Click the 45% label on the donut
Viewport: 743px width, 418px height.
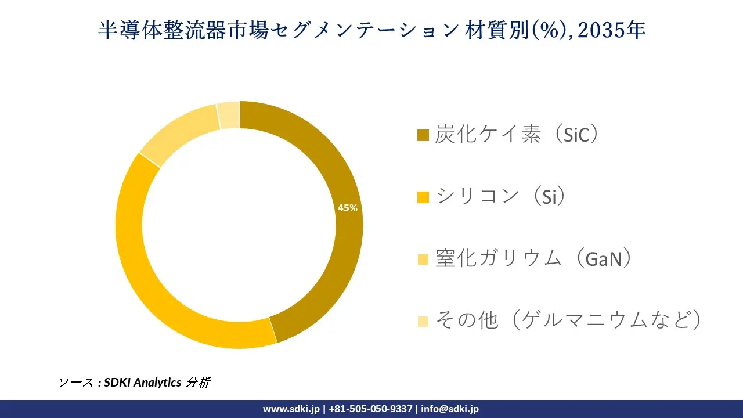[348, 208]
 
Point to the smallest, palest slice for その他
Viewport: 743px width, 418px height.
[229, 114]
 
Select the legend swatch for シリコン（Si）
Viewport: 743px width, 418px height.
[423, 198]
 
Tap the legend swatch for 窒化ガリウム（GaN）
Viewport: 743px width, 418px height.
[423, 260]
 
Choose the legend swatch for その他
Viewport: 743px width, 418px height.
[423, 321]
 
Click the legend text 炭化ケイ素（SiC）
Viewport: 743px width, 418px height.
[517, 135]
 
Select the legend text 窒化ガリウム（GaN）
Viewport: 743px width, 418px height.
[533, 258]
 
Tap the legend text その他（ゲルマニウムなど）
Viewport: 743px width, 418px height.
[568, 320]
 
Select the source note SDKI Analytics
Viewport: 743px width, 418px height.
[142, 383]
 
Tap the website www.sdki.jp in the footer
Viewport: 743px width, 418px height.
[291, 409]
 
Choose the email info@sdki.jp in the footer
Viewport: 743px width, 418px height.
[450, 409]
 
